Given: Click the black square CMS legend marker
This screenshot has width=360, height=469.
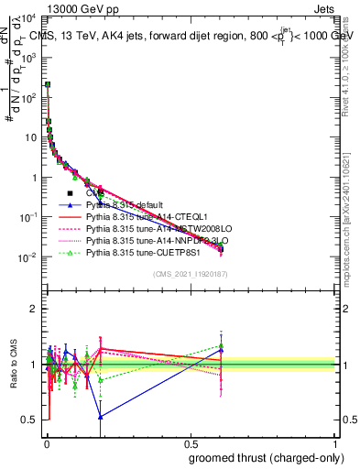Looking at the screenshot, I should (70, 193).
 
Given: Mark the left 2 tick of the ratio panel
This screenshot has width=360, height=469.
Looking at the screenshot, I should (35, 309).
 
